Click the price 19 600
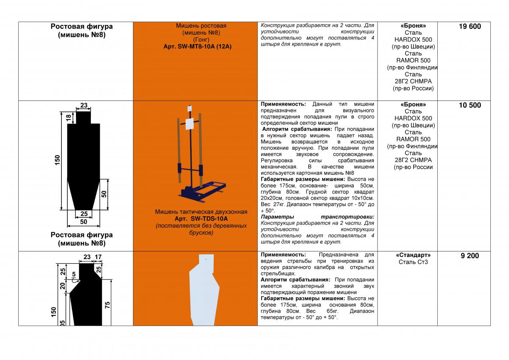(x=470, y=27)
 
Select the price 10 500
(x=470, y=105)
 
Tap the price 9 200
(x=470, y=256)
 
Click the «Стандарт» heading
(x=413, y=255)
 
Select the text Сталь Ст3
(x=413, y=262)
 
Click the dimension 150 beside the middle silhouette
(x=58, y=160)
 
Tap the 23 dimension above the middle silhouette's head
(x=84, y=106)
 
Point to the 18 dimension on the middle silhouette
(x=68, y=118)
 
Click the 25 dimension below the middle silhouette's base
(x=84, y=214)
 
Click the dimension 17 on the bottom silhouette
(x=98, y=257)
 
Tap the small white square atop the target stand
(x=190, y=108)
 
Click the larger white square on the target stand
(x=190, y=124)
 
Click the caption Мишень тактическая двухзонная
(x=201, y=212)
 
